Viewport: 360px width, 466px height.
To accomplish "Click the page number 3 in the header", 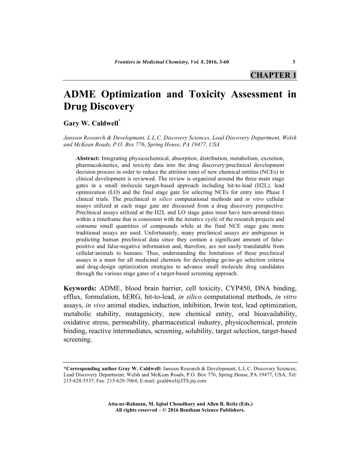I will click(x=294, y=61).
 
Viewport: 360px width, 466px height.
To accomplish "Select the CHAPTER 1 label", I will click(x=273, y=75).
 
